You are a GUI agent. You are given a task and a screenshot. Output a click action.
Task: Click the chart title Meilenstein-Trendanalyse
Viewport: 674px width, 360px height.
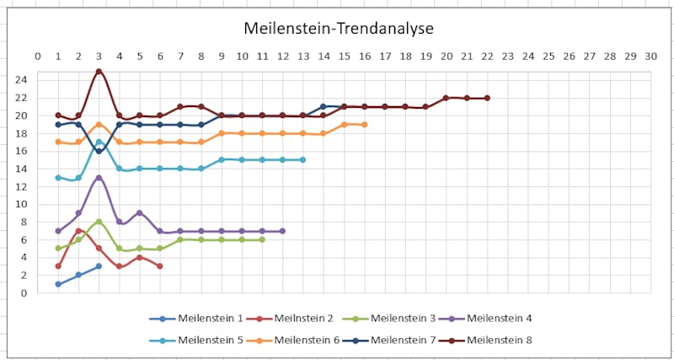pos(339,29)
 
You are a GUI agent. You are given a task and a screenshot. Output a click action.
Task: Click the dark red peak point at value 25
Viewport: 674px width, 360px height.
pos(99,72)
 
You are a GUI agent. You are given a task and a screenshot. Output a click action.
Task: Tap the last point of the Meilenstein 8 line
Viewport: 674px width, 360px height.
pos(487,98)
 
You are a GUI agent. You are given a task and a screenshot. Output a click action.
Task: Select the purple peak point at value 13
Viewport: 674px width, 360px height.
pos(99,178)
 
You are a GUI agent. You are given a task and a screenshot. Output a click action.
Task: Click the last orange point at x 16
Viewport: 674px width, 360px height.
pos(364,125)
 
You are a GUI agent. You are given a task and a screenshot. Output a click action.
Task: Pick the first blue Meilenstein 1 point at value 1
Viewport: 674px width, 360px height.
pos(58,284)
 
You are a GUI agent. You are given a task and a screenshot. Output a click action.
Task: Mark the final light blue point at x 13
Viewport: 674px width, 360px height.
pos(302,159)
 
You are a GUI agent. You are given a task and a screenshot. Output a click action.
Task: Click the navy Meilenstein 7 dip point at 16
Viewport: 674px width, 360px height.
pos(99,151)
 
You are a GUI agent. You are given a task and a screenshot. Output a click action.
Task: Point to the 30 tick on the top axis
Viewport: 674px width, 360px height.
pos(650,56)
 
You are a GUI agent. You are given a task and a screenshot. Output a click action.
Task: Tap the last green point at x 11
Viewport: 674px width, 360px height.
pos(262,239)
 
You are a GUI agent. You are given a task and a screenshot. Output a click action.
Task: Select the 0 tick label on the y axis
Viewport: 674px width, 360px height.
pos(25,293)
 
